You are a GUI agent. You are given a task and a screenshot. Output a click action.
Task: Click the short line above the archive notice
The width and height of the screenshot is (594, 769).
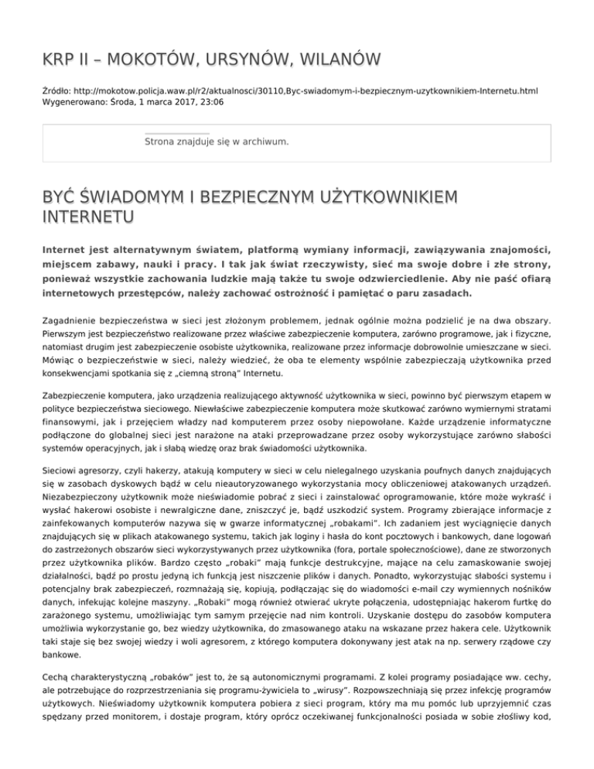click(x=176, y=134)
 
